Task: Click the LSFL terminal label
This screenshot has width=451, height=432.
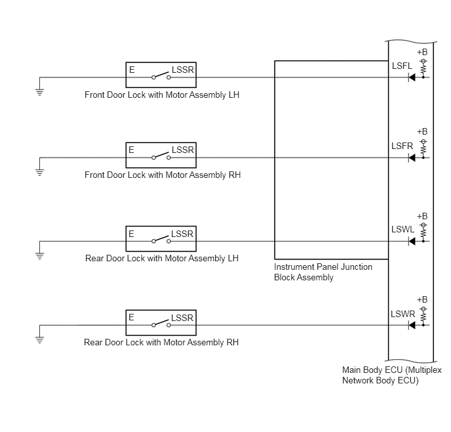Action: (402, 66)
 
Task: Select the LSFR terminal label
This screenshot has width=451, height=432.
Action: (402, 146)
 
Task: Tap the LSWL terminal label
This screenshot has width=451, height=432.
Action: (402, 230)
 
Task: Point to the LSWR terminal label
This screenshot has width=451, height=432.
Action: (402, 314)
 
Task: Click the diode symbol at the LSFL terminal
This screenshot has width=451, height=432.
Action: (412, 77)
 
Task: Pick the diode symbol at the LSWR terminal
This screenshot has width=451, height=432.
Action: (412, 326)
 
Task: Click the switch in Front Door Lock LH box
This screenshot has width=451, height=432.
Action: (161, 76)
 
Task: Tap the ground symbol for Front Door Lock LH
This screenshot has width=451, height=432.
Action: (40, 92)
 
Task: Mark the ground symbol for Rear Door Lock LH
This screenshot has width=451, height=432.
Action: (40, 256)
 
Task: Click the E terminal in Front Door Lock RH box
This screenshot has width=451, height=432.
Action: (132, 150)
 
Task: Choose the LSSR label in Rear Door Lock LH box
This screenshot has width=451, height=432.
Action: (182, 234)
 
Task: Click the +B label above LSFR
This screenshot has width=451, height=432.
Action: (422, 131)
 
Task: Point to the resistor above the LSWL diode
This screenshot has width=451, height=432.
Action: (423, 232)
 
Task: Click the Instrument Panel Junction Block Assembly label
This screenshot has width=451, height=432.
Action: (323, 272)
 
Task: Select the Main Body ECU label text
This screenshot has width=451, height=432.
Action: (392, 376)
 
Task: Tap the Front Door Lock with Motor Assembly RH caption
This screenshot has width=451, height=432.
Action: (163, 175)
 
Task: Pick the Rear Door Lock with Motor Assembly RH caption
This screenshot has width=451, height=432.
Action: (161, 343)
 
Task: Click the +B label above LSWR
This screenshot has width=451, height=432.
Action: (422, 300)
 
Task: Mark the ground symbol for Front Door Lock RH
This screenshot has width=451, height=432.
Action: (40, 173)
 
